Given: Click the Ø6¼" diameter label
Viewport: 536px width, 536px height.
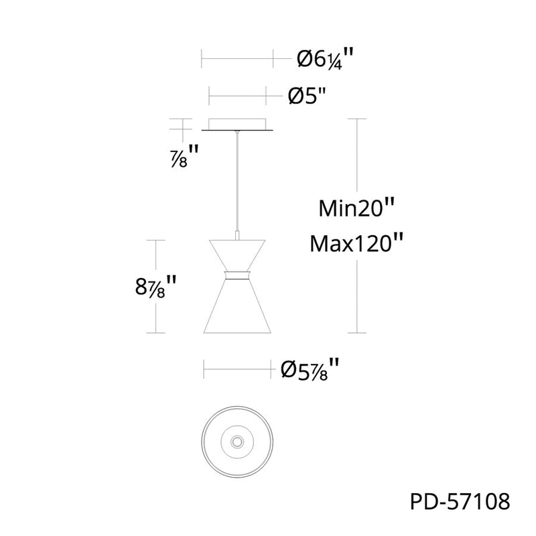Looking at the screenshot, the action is pos(325,59).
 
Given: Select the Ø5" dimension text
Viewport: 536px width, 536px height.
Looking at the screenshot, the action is pos(308,96).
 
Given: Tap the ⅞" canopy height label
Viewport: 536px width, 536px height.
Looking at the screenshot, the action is pos(184,156).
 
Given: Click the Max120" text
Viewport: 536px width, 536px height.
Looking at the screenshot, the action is pos(356,243).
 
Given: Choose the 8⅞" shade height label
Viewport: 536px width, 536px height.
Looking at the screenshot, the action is pos(155,287).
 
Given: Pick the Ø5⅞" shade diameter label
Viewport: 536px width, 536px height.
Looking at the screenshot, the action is pos(310,369).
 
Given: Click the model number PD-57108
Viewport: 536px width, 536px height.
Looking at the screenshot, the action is pos(460,502).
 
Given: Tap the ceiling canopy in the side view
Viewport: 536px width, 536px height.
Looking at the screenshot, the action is pos(237,125).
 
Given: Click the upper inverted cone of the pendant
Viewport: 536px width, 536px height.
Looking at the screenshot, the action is pos(237,255).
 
